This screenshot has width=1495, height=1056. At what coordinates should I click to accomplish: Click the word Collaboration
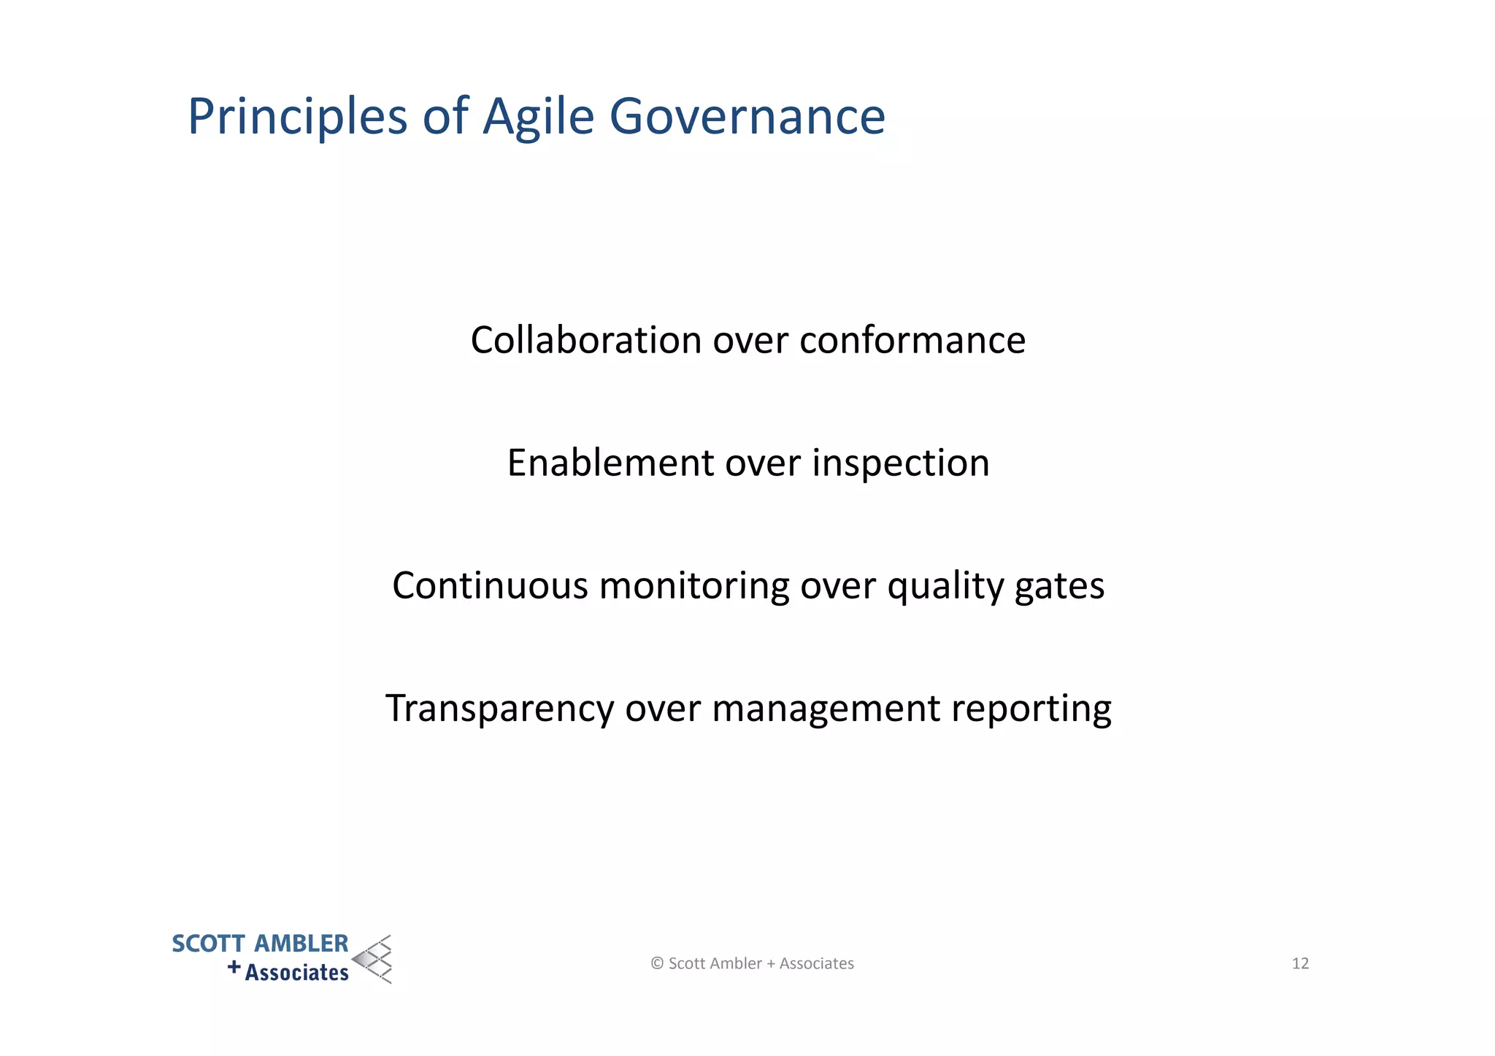(x=585, y=340)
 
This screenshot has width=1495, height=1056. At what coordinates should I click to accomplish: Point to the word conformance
(x=912, y=340)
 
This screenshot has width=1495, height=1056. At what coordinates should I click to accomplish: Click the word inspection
(x=901, y=463)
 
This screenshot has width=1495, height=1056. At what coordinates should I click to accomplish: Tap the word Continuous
(x=490, y=585)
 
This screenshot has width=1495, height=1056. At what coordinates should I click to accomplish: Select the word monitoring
(x=693, y=587)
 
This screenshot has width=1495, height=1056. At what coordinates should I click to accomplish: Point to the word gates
(x=1059, y=587)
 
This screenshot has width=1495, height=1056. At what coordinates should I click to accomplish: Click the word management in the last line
(x=826, y=709)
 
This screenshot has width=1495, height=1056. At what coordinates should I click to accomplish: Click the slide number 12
(x=1300, y=963)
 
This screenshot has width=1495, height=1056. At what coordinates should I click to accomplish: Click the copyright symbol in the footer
(x=657, y=963)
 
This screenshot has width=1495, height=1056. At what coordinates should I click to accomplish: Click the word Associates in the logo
(x=296, y=973)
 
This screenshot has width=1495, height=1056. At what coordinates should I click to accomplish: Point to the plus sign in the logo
(x=234, y=967)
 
